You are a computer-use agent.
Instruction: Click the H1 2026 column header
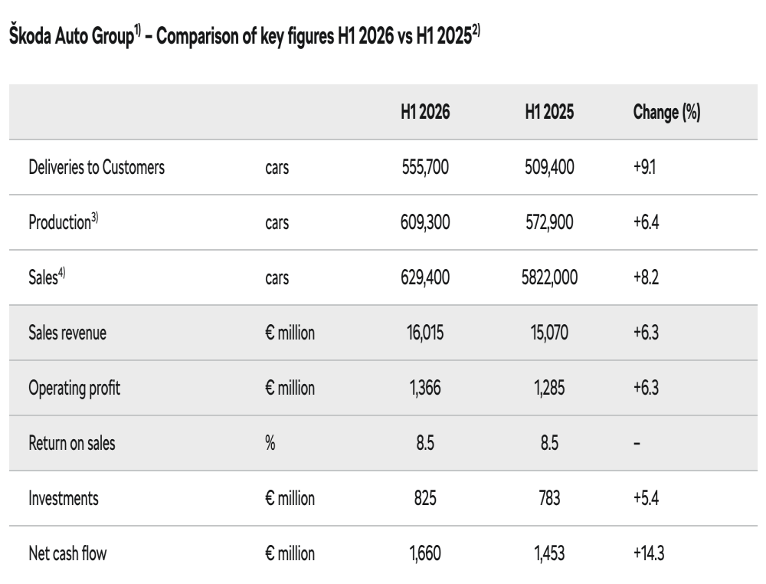pyautogui.click(x=425, y=112)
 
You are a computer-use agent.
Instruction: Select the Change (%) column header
pyautogui.click(x=667, y=113)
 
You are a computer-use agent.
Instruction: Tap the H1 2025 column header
pyautogui.click(x=549, y=112)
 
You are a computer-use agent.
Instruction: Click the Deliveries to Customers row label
pyautogui.click(x=97, y=167)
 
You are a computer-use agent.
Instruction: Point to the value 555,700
pyautogui.click(x=425, y=167)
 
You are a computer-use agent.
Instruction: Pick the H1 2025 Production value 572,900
pyautogui.click(x=549, y=222)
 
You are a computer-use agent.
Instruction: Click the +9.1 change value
pyautogui.click(x=644, y=167)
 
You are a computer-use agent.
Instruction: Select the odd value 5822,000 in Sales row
pyautogui.click(x=549, y=277)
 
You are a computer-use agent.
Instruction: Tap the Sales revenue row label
pyautogui.click(x=67, y=333)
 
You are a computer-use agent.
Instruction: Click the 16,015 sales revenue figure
pyautogui.click(x=425, y=333)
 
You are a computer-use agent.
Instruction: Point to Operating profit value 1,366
pyautogui.click(x=425, y=388)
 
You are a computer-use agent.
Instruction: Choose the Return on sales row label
pyautogui.click(x=72, y=443)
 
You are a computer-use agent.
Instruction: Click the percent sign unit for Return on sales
pyautogui.click(x=270, y=443)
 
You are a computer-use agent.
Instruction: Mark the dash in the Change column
pyautogui.click(x=637, y=444)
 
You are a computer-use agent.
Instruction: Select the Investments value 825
pyautogui.click(x=425, y=498)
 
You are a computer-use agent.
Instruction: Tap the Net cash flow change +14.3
pyautogui.click(x=649, y=553)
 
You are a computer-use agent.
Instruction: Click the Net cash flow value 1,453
pyautogui.click(x=549, y=553)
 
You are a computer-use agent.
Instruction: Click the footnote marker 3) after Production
pyautogui.click(x=95, y=218)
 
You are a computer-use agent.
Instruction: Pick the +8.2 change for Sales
pyautogui.click(x=646, y=277)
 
